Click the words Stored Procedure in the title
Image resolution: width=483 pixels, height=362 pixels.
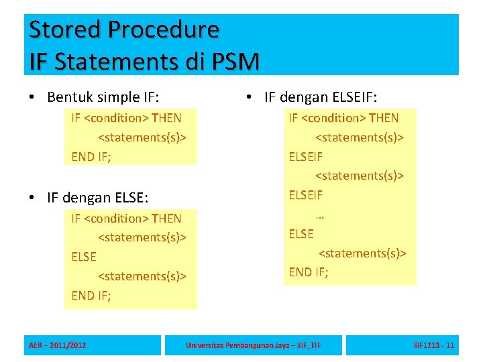tap(124, 29)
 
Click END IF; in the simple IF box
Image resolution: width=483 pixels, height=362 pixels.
tap(91, 156)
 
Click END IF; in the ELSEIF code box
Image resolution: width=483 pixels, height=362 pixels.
tap(309, 271)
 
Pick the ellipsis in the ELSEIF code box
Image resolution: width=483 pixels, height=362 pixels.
tap(319, 215)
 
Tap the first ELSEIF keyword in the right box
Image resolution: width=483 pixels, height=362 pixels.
tap(305, 156)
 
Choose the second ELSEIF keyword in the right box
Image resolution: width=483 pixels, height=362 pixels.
tap(305, 195)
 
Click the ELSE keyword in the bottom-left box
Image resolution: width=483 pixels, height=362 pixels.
tap(84, 257)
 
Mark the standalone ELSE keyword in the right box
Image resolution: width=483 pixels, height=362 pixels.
tap(301, 234)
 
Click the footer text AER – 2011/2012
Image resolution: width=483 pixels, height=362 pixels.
tap(57, 345)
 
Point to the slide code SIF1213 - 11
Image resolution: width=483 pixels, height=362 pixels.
tap(434, 345)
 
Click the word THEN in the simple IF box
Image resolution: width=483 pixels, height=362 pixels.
tap(166, 118)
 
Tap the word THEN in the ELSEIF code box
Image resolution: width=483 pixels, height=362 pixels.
tap(384, 118)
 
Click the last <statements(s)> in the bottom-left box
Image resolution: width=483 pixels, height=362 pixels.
tap(142, 276)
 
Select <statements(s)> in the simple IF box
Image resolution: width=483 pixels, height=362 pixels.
tap(142, 137)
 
